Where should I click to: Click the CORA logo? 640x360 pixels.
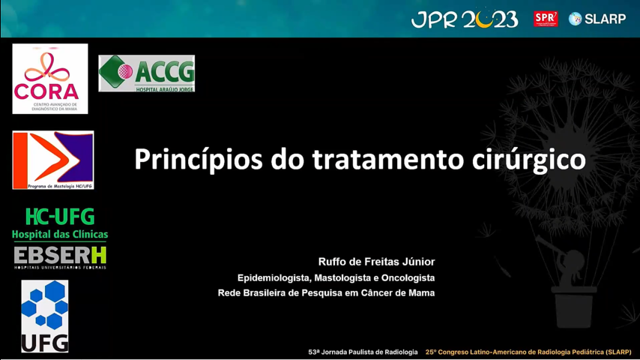(x=49, y=79)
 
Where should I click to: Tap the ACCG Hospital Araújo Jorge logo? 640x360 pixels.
(x=147, y=73)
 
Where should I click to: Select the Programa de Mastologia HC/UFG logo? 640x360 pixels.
(x=53, y=160)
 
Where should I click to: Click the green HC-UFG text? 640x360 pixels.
(x=60, y=217)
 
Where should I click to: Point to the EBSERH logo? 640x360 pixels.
(x=60, y=257)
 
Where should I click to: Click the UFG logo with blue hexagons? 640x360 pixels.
(x=45, y=316)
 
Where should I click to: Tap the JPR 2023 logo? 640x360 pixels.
(x=465, y=19)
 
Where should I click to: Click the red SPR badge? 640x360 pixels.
(x=546, y=19)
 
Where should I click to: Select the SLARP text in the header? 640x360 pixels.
(x=606, y=19)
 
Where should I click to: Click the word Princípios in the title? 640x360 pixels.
(x=199, y=160)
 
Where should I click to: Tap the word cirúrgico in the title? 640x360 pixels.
(x=529, y=160)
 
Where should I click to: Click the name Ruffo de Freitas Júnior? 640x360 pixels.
(x=376, y=262)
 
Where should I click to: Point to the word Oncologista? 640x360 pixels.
(x=408, y=278)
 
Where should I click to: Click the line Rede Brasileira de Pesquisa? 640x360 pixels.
(x=326, y=293)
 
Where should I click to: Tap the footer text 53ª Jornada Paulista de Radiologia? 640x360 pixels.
(x=363, y=352)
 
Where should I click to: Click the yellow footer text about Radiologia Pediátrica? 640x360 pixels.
(x=528, y=352)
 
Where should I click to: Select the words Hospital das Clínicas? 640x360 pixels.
(x=60, y=235)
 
